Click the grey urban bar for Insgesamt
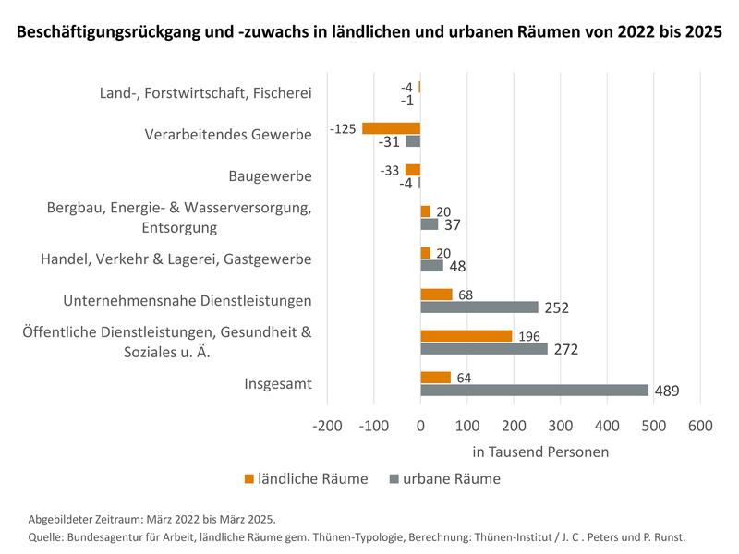[x=534, y=391]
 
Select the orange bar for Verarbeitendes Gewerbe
[x=391, y=128]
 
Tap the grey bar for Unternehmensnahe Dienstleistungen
[x=479, y=307]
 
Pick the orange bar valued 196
[x=466, y=336]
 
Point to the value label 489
[x=667, y=391]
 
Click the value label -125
[x=343, y=128]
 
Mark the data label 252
[x=557, y=308]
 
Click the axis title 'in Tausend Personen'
[x=540, y=452]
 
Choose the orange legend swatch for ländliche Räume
[x=249, y=478]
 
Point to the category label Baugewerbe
[x=270, y=175]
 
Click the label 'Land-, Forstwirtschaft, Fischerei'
[x=205, y=92]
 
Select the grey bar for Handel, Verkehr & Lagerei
[x=431, y=266]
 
